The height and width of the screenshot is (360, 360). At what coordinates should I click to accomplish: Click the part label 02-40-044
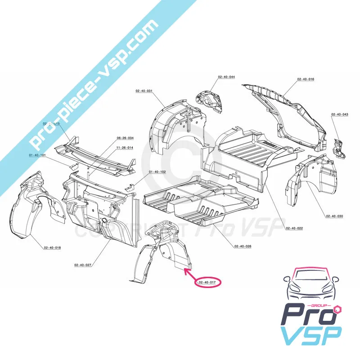226,77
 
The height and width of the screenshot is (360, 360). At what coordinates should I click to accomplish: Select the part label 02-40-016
306,79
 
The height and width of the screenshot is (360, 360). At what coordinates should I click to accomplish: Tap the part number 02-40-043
340,114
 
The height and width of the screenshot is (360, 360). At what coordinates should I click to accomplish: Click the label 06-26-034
125,138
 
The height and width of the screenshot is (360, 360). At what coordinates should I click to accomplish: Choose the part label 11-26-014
125,148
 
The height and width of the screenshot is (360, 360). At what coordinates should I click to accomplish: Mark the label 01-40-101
38,155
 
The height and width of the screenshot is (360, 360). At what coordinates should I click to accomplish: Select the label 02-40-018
53,247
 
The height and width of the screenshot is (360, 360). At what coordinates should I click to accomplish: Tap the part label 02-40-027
83,265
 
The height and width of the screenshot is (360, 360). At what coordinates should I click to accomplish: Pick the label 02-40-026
243,246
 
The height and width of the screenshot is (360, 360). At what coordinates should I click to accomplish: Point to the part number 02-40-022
294,228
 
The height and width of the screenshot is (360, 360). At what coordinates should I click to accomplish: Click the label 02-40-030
334,216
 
